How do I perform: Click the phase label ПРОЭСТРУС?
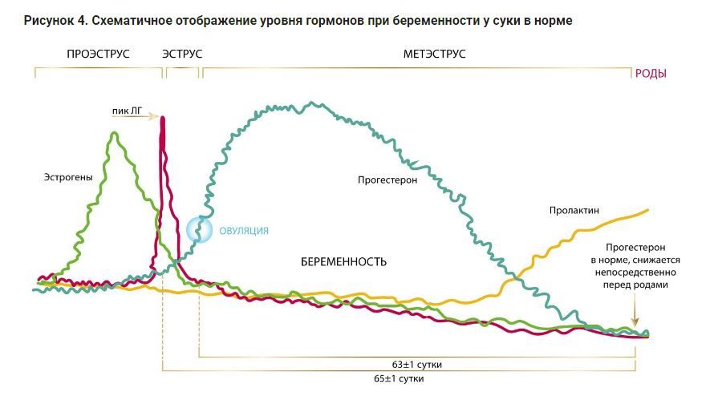click(99, 54)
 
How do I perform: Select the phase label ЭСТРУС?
click(182, 54)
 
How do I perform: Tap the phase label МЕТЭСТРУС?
click(433, 54)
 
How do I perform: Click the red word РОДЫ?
click(651, 74)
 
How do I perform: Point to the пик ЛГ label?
click(126, 114)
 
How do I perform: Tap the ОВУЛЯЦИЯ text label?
click(244, 231)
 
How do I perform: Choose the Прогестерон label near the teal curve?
click(388, 180)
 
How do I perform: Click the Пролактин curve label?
click(574, 211)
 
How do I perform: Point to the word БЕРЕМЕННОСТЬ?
click(344, 262)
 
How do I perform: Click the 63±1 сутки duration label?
click(417, 365)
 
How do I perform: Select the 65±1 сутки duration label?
click(399, 378)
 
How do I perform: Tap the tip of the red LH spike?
click(163, 119)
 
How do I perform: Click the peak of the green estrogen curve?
click(114, 135)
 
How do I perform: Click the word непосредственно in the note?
click(637, 273)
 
